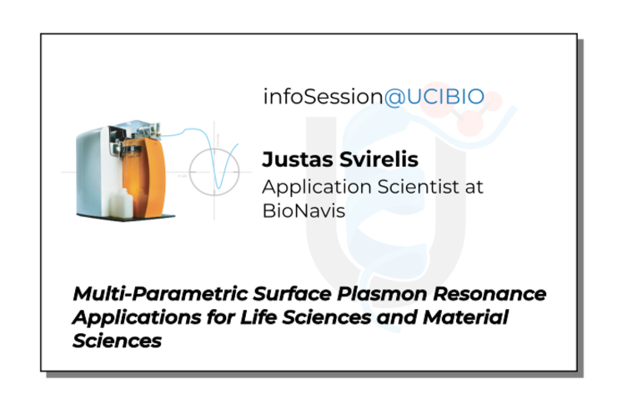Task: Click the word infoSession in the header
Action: click(x=323, y=97)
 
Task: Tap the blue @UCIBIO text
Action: click(x=434, y=97)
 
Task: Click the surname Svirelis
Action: click(x=379, y=159)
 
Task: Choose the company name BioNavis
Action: click(x=303, y=210)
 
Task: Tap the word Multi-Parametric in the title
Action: click(x=161, y=294)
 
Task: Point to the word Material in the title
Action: click(x=465, y=317)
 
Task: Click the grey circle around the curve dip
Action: click(x=190, y=172)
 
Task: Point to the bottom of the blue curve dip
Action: click(x=218, y=188)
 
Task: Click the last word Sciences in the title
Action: click(x=118, y=342)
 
